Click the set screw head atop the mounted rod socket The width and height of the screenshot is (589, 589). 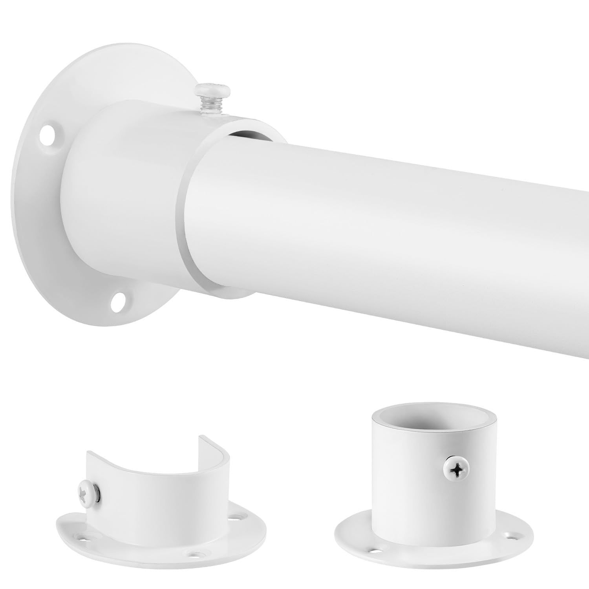point(207,88)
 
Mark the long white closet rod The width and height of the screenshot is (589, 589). point(393,220)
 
